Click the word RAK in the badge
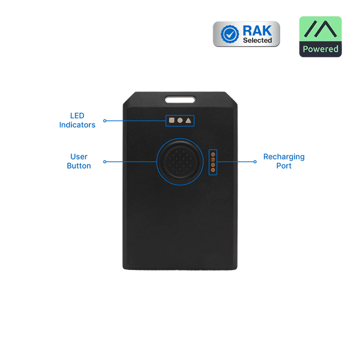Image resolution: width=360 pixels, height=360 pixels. [x=257, y=29]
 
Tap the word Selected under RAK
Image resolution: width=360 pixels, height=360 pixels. [x=257, y=40]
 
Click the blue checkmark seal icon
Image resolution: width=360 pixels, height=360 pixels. [x=229, y=34]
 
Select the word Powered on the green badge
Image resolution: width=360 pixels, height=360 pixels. [x=320, y=49]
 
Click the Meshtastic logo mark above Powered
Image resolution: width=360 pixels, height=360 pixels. [x=320, y=29]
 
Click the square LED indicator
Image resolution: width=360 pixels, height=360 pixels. [x=172, y=120]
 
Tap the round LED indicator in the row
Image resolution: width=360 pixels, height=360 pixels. [x=180, y=120]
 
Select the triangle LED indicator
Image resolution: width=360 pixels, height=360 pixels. [x=188, y=120]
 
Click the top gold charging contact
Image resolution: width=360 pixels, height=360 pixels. [x=211, y=152]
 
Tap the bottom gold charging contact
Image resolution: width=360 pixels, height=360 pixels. [x=211, y=170]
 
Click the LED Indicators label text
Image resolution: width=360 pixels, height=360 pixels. [x=77, y=120]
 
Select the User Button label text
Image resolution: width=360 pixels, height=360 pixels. [x=79, y=161]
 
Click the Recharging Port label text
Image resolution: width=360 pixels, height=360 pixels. [x=284, y=161]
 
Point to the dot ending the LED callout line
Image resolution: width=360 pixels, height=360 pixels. [x=104, y=120]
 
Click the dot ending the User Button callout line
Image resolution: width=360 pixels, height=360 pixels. [x=104, y=161]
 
